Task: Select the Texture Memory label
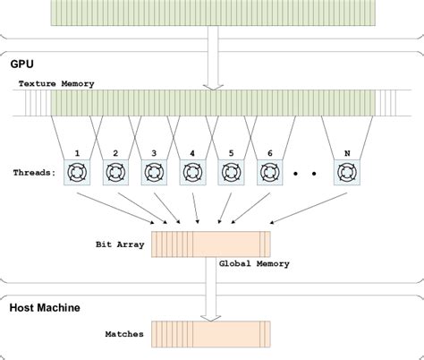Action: [55, 83]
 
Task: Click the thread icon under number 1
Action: [79, 172]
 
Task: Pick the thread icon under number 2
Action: [117, 172]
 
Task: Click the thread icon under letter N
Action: [346, 172]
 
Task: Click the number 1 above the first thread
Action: [79, 153]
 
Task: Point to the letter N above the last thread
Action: [346, 153]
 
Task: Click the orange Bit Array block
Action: [211, 243]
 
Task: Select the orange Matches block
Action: [211, 333]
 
